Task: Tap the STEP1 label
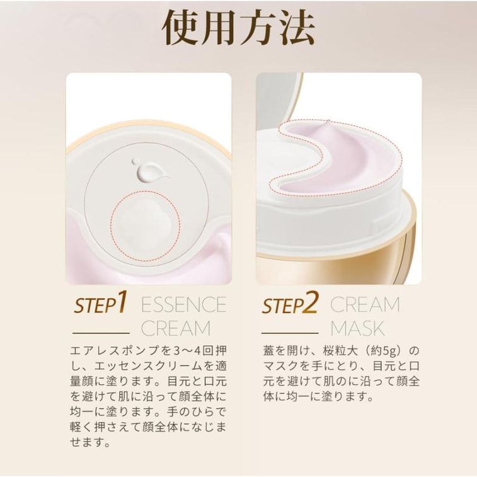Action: click(101, 304)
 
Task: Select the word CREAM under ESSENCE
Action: click(176, 328)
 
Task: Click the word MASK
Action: click(357, 328)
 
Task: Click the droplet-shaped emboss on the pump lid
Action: click(144, 169)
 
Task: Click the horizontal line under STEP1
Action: click(101, 332)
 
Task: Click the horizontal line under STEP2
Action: click(289, 332)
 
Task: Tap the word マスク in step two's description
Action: click(280, 365)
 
